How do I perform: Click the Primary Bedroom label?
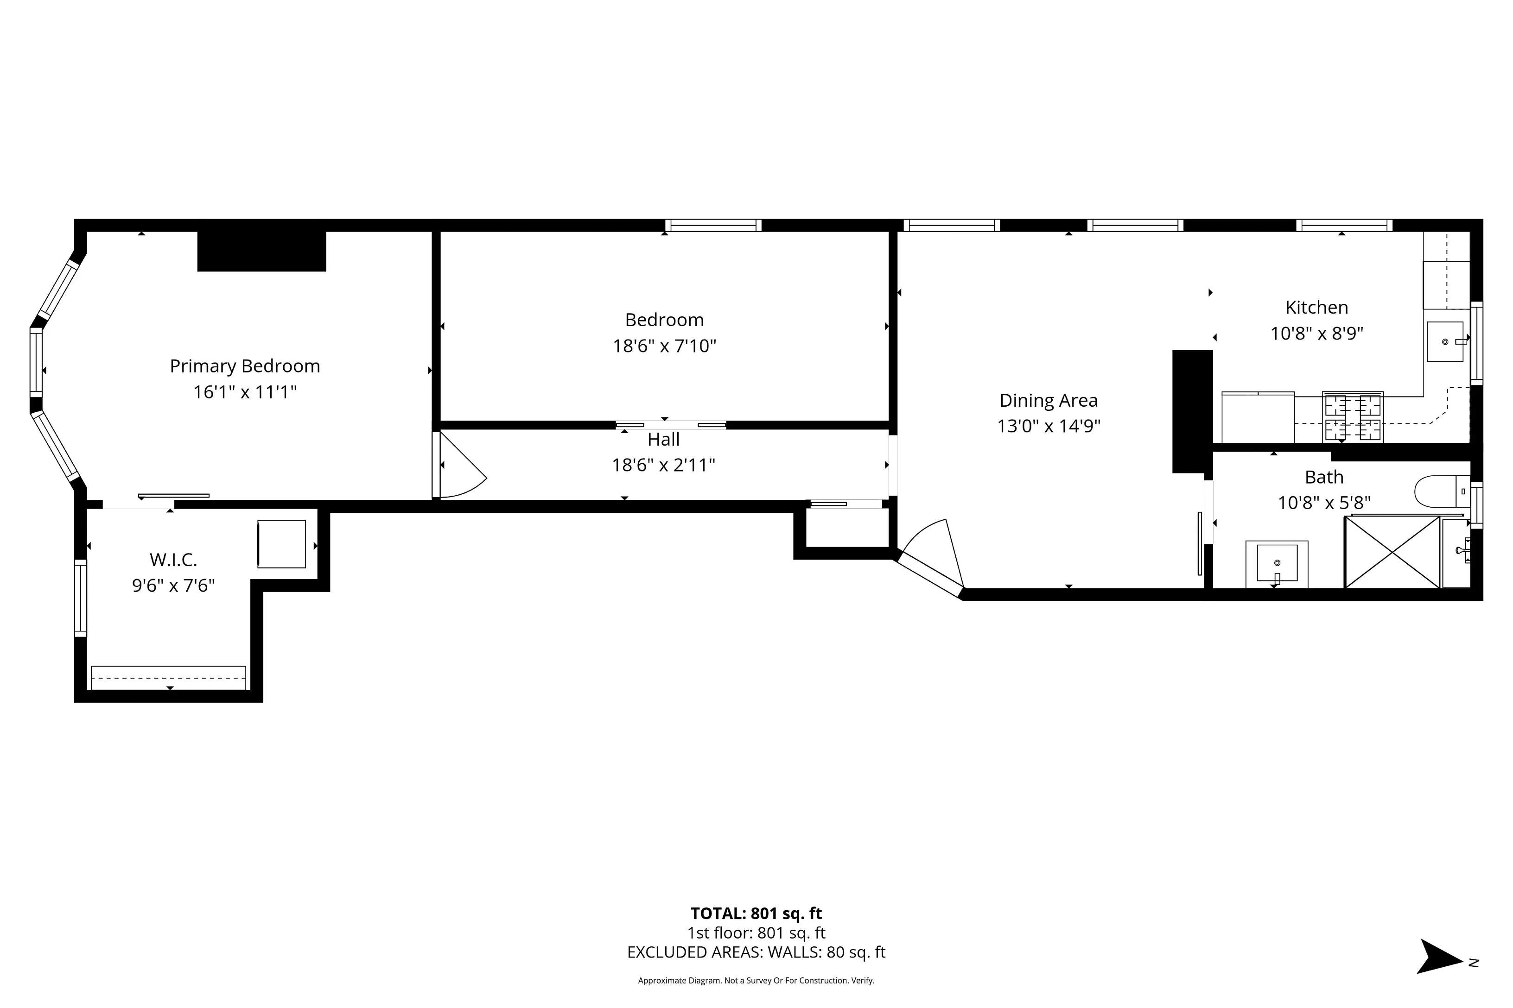(244, 366)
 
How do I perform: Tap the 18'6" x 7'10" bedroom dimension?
(664, 346)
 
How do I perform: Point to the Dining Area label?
(1048, 401)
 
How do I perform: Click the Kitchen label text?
(1316, 307)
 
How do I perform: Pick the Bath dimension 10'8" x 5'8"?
(1323, 503)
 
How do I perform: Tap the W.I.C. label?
(173, 560)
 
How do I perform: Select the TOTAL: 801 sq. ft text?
(756, 913)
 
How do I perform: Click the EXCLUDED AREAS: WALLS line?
(756, 952)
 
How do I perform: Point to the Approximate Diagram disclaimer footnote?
(756, 980)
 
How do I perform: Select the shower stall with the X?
(1392, 552)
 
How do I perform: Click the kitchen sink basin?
(1445, 342)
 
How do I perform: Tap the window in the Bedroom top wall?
(713, 226)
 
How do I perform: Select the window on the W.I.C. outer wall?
(80, 598)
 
